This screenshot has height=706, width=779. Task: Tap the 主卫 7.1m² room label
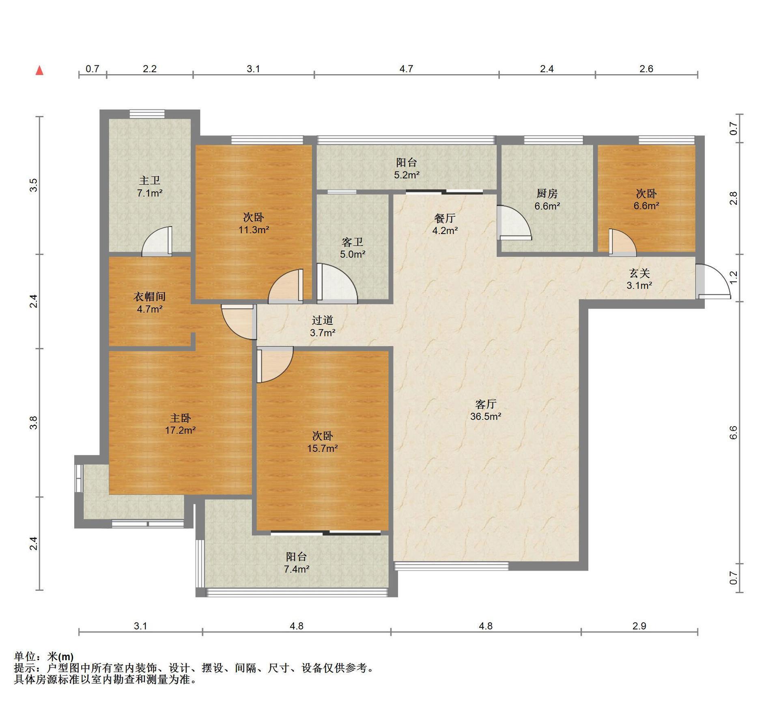click(150, 186)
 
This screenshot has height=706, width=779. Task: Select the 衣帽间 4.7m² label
click(150, 303)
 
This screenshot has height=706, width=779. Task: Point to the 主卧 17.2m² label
click(180, 424)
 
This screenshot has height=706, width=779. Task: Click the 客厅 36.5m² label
click(486, 410)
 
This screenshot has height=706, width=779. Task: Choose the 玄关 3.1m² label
click(639, 279)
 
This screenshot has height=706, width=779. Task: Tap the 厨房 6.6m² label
click(547, 200)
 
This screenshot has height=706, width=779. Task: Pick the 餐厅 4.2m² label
click(445, 224)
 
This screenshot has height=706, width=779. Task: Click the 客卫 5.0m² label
click(353, 248)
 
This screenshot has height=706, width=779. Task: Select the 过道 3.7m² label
click(323, 326)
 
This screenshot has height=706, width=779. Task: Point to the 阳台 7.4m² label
click(297, 562)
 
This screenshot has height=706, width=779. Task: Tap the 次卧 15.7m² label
click(323, 442)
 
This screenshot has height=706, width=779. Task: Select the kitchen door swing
click(514, 223)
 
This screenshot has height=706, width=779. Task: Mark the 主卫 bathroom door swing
click(157, 242)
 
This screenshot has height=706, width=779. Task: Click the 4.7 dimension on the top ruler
click(406, 69)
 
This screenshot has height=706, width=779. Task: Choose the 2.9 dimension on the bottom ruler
click(639, 626)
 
